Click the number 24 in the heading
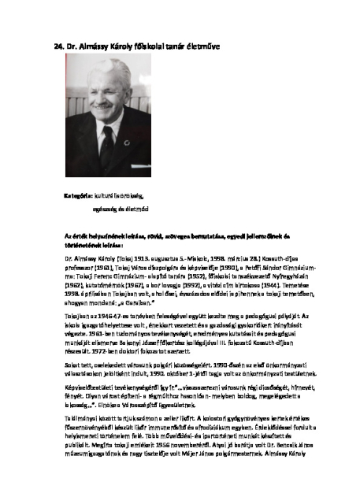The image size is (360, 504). pos(58,46)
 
